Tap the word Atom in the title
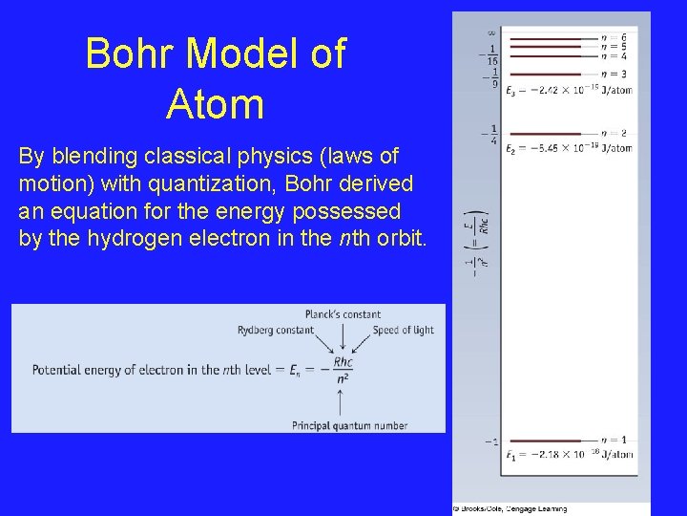point(215,104)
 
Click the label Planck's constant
point(343,314)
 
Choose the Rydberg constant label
point(275,331)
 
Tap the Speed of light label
point(404,331)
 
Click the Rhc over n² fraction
point(343,370)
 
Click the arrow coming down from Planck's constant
point(343,336)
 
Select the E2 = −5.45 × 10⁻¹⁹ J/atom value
point(569,148)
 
